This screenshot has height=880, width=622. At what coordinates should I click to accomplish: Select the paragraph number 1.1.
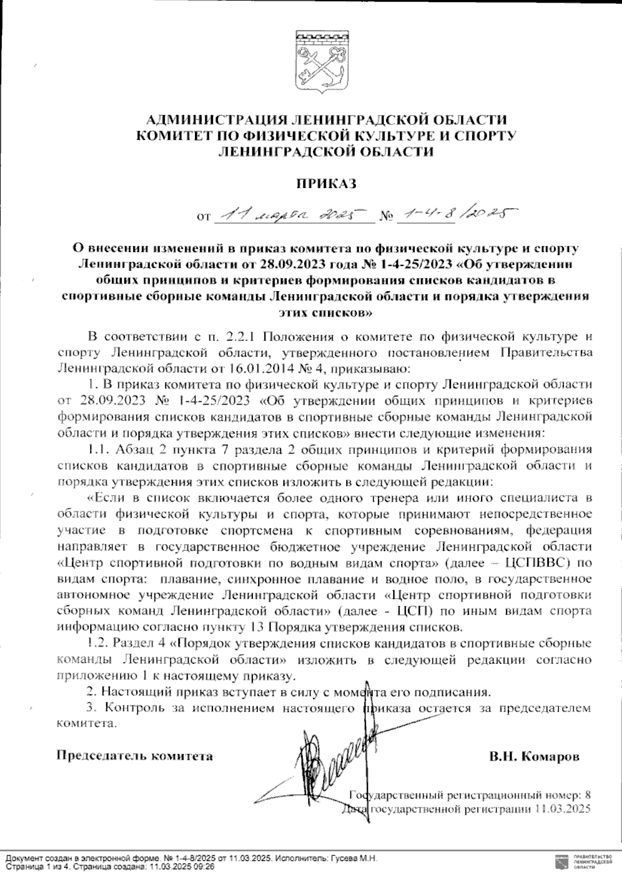101,449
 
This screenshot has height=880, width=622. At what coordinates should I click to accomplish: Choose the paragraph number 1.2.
98,644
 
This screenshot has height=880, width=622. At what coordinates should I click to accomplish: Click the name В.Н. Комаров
534,756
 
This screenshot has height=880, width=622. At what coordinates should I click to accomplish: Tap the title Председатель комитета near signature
134,756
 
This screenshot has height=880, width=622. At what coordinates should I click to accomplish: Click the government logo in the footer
561,862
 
